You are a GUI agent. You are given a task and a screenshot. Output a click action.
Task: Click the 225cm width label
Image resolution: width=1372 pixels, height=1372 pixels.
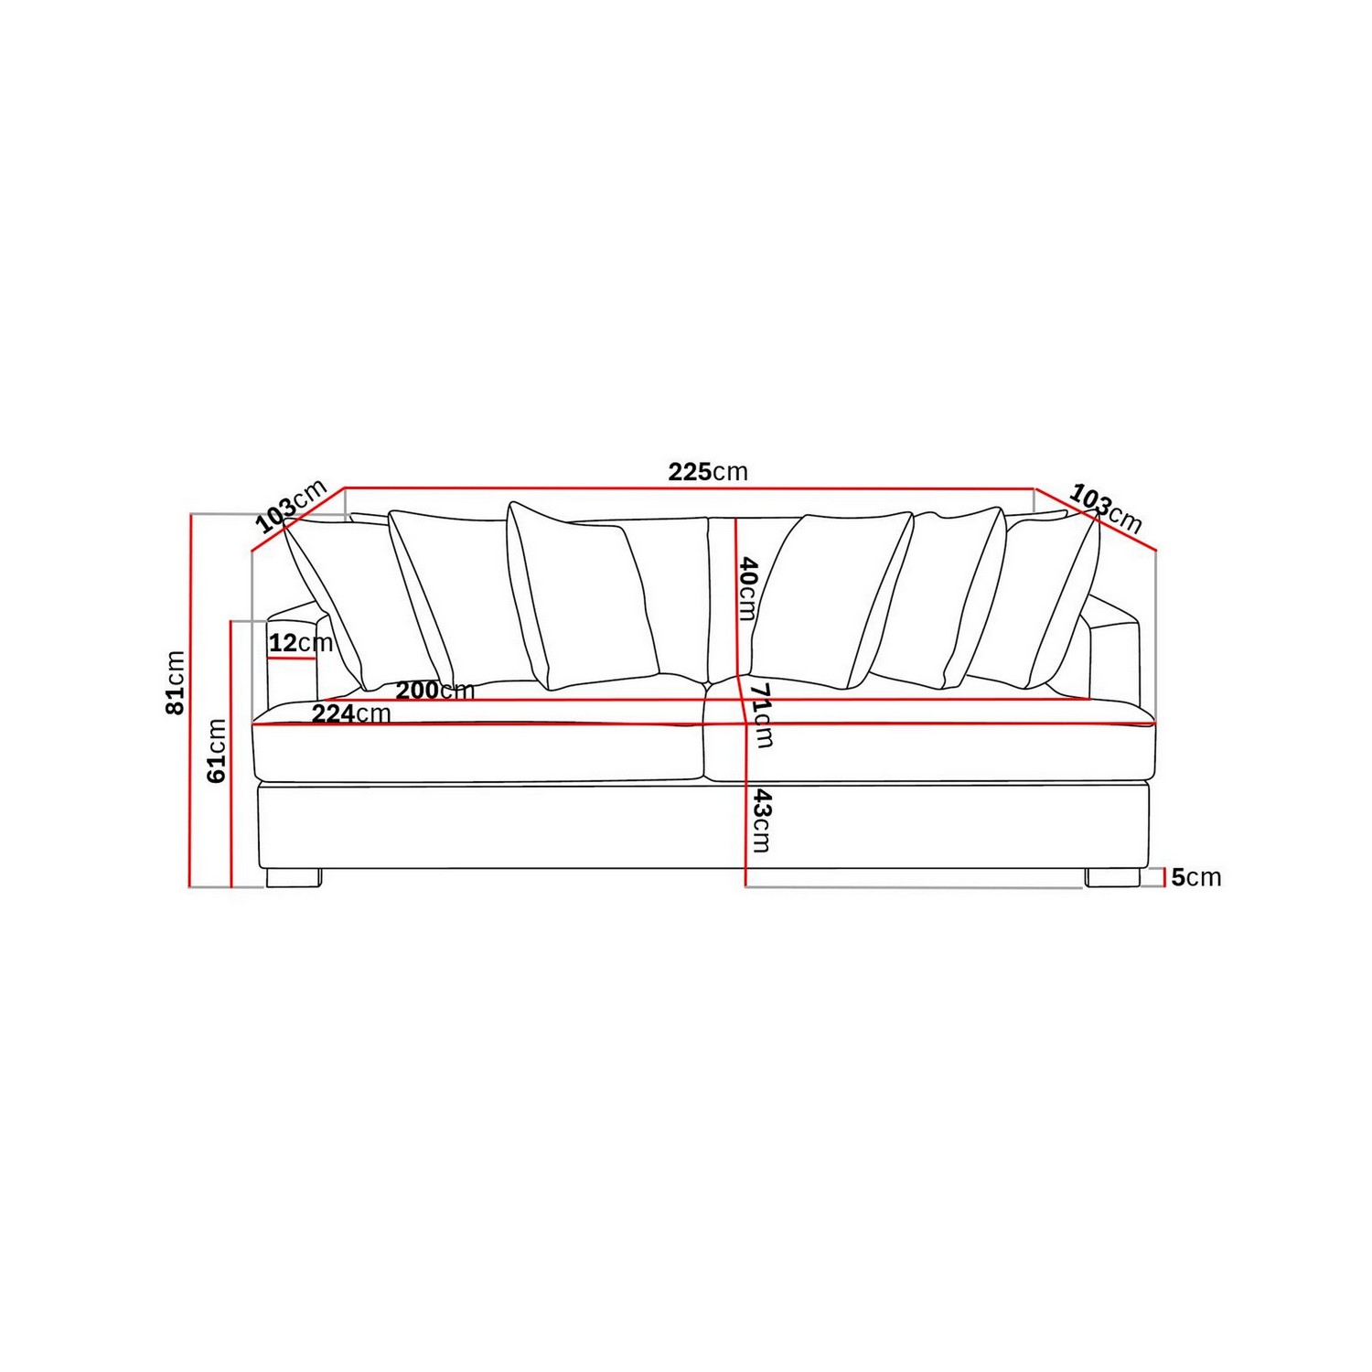pyautogui.click(x=707, y=472)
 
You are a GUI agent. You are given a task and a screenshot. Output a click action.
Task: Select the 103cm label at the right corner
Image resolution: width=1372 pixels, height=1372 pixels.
pyautogui.click(x=1106, y=509)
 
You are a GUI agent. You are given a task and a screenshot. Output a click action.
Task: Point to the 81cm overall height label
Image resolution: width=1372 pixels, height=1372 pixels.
pyautogui.click(x=175, y=682)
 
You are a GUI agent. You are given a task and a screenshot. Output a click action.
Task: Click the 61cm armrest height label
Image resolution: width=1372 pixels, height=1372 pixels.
pyautogui.click(x=217, y=750)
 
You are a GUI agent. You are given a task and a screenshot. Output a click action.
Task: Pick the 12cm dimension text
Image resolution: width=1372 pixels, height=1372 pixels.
pyautogui.click(x=300, y=643)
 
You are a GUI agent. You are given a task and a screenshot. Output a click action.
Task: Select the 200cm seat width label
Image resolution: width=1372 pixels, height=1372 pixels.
pyautogui.click(x=434, y=691)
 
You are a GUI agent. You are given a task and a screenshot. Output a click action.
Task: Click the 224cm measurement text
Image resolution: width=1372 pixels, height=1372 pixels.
pyautogui.click(x=351, y=713)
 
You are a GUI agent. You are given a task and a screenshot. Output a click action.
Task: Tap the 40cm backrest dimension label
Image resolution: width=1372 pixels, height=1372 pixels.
pyautogui.click(x=747, y=588)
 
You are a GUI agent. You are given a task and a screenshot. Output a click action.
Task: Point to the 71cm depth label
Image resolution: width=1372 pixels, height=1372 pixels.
pyautogui.click(x=761, y=714)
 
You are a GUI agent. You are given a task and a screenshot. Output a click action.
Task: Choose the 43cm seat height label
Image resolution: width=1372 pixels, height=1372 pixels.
pyautogui.click(x=761, y=821)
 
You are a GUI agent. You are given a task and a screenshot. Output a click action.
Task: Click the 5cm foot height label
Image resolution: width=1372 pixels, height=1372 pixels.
pyautogui.click(x=1195, y=877)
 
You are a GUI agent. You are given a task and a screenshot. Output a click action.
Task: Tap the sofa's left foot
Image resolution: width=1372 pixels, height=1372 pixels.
pyautogui.click(x=294, y=878)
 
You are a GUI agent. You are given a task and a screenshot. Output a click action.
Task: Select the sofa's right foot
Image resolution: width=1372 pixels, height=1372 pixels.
pyautogui.click(x=1112, y=878)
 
